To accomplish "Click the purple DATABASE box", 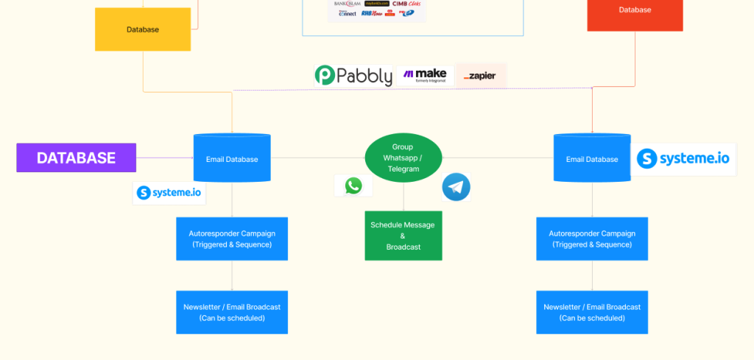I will click(x=76, y=158).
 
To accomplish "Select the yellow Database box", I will click(x=142, y=29).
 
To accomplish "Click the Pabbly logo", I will click(x=353, y=76).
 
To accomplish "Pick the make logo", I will click(x=425, y=76).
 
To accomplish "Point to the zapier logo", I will click(x=481, y=76).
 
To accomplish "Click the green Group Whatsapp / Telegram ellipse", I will click(x=403, y=158).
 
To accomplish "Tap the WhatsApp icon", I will click(x=353, y=186).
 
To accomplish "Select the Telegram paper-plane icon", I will click(x=456, y=187).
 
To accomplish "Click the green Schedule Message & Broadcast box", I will click(x=403, y=236).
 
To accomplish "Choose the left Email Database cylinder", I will click(x=231, y=158).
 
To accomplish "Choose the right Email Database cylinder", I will click(x=592, y=158).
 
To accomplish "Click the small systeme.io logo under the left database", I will click(x=169, y=193).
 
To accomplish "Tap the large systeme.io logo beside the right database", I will click(x=686, y=159).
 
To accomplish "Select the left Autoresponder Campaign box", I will click(x=231, y=239).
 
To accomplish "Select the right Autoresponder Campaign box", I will click(x=592, y=239).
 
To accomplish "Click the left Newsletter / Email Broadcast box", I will click(x=231, y=312).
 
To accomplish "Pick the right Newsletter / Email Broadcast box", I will click(x=592, y=312).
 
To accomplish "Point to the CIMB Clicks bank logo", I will click(x=406, y=4).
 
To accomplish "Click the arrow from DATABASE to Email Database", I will click(x=165, y=158).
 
